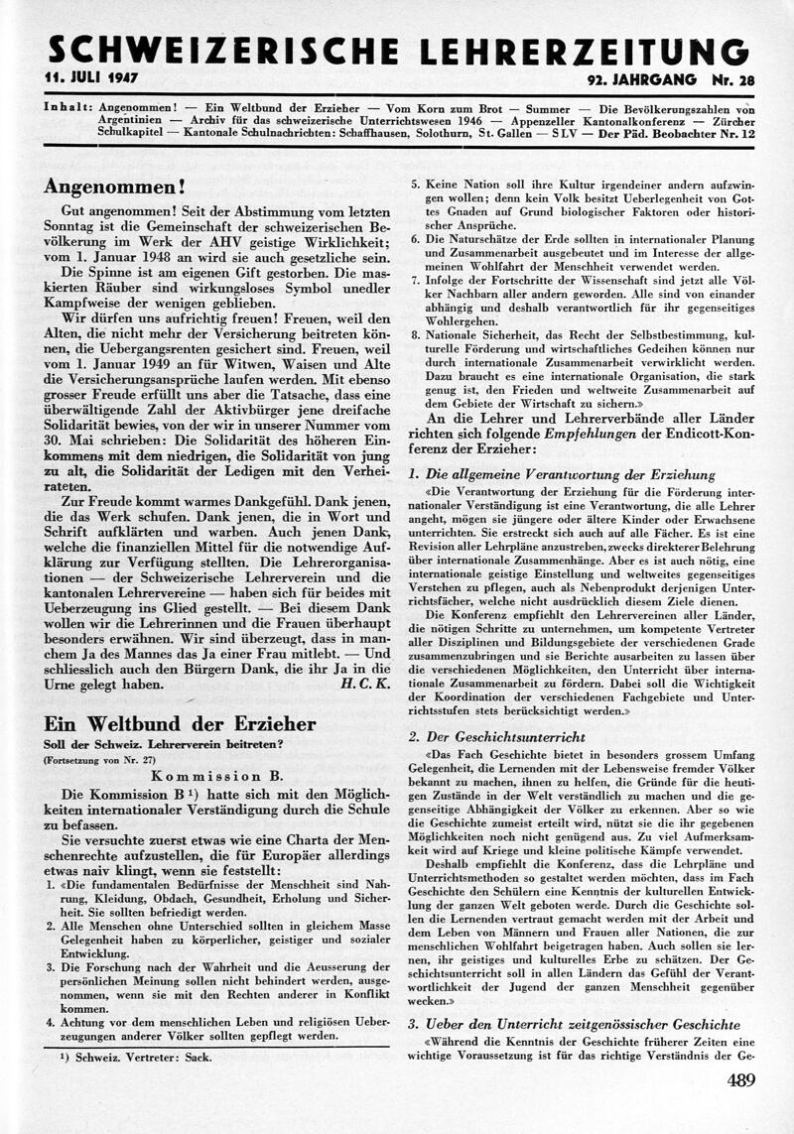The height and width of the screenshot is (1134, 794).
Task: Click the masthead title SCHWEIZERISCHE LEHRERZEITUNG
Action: pos(397,50)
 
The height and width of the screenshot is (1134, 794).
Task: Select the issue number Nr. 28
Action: pos(728,78)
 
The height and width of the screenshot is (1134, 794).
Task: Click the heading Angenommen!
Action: pos(115,187)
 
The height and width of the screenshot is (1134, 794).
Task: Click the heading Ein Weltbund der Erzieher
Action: pos(181,724)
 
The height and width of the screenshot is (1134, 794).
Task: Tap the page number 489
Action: pos(740,1081)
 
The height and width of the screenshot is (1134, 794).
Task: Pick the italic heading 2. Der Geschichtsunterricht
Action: pos(497,737)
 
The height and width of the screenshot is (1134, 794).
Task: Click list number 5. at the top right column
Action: pos(417,185)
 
